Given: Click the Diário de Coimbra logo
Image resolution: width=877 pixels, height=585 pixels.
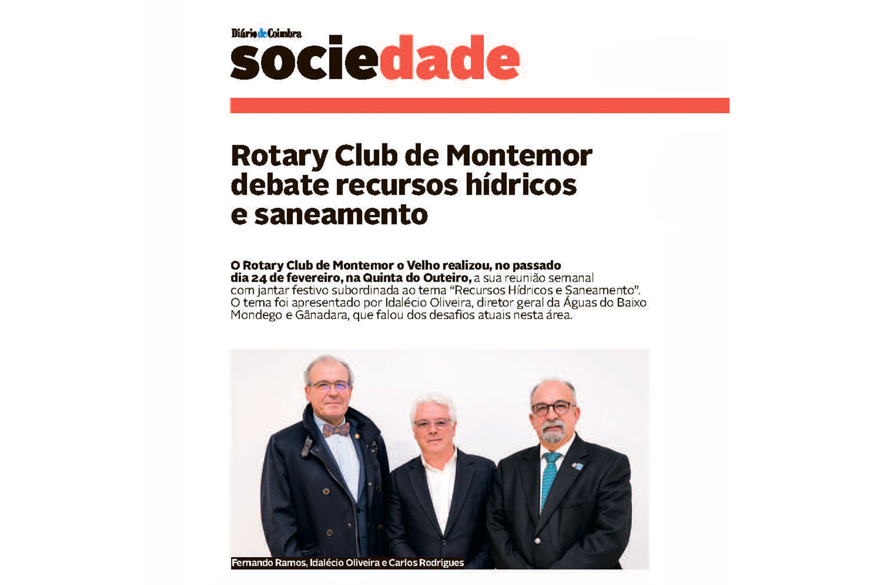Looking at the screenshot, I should [266, 33].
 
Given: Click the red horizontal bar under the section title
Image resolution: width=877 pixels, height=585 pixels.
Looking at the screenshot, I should [480, 106].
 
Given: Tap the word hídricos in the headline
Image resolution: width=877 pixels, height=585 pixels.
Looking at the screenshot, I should [521, 185].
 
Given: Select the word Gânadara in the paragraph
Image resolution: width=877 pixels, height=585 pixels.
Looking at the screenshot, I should [321, 315].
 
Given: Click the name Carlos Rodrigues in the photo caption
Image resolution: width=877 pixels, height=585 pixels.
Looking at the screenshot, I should [426, 563].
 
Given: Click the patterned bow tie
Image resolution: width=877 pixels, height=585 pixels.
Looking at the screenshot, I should [336, 430].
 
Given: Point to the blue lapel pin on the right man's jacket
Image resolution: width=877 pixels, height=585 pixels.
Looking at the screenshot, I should [577, 465].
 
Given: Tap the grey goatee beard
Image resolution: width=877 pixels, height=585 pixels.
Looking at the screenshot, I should [553, 433].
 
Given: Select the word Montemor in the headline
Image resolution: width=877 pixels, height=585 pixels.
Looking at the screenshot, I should [519, 156].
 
